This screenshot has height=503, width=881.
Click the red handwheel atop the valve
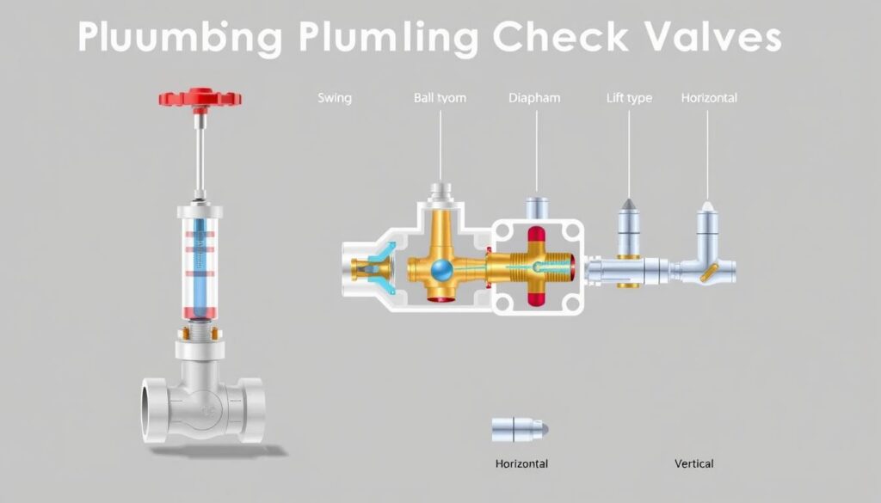(200, 96)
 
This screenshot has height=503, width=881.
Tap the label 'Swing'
(335, 98)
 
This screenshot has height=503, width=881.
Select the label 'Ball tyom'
(440, 98)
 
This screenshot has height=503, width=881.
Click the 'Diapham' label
(533, 98)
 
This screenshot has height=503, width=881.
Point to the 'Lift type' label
(629, 98)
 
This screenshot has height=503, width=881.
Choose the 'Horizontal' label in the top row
(709, 98)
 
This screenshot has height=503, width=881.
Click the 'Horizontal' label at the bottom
(521, 464)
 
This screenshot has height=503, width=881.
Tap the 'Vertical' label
(693, 464)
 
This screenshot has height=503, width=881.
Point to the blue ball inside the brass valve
(442, 270)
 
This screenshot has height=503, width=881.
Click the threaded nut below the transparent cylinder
(199, 331)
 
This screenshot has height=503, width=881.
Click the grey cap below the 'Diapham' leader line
(537, 207)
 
